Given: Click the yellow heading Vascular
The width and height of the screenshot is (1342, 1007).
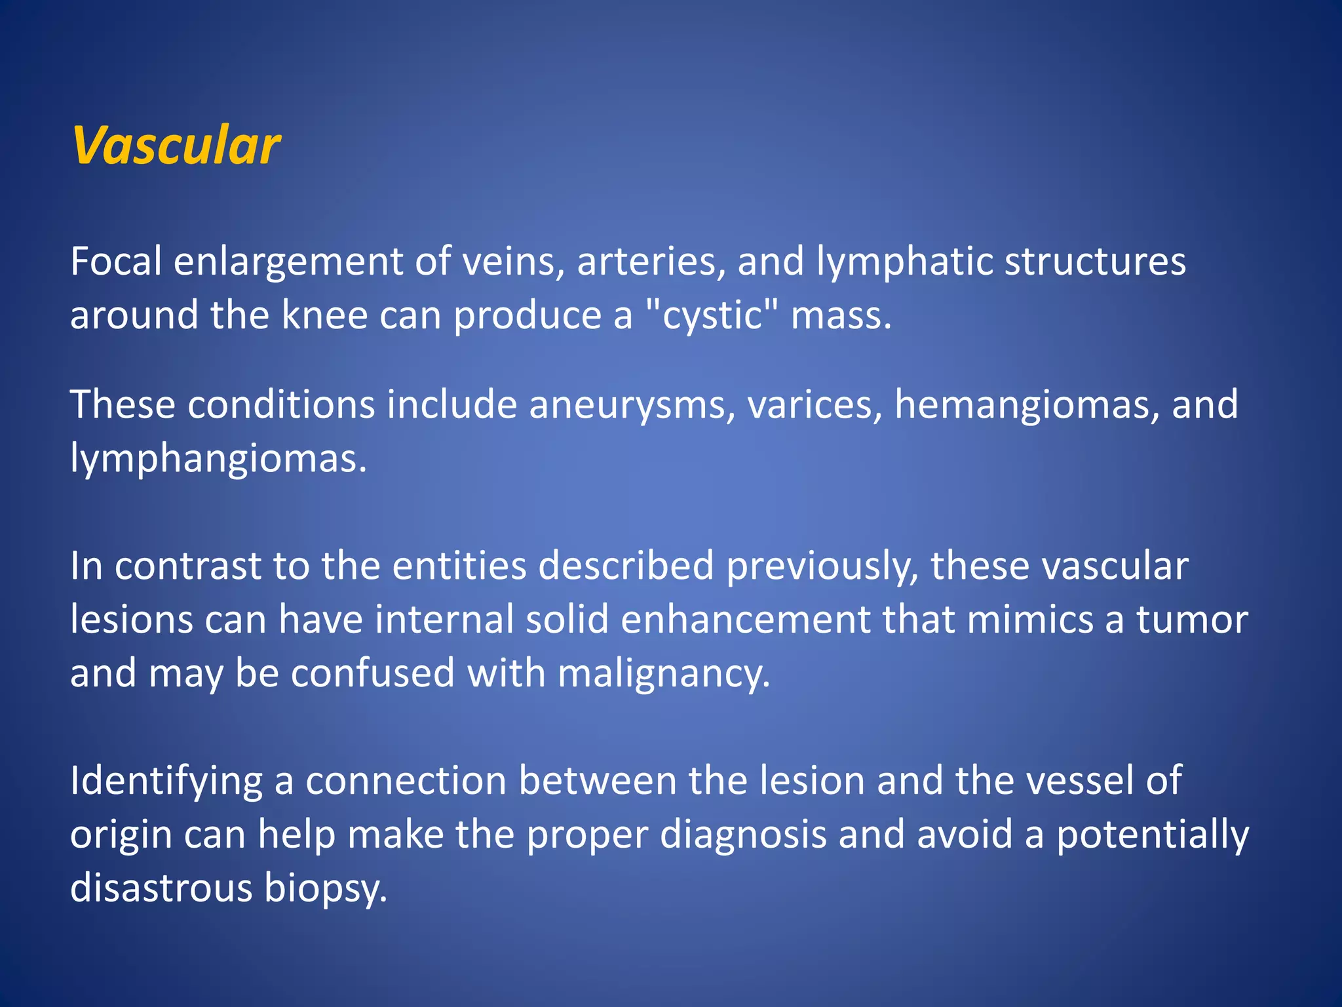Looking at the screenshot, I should tap(176, 146).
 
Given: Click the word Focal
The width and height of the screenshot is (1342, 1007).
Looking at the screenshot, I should tap(116, 262).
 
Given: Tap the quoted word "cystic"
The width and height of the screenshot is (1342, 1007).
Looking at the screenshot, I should tap(712, 315).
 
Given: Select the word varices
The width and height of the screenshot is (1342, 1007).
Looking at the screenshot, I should tap(815, 405).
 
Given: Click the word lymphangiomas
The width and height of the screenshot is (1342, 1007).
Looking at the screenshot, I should tap(218, 458).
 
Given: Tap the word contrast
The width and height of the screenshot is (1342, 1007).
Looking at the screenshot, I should tap(188, 566).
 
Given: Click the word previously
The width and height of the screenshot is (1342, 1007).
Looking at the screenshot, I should tap(822, 566).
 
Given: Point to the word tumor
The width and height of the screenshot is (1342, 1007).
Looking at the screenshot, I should tap(1192, 620).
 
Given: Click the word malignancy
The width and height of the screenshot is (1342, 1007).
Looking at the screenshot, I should tap(663, 673).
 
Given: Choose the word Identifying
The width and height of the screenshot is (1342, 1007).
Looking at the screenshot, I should tap(166, 781).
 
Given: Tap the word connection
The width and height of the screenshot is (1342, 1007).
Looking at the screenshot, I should tap(406, 781).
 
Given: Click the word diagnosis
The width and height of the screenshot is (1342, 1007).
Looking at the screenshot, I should tap(743, 835).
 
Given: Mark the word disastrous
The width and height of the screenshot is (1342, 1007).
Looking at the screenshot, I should tap(161, 888).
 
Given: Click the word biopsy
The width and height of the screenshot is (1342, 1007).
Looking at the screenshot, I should tap(326, 888).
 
